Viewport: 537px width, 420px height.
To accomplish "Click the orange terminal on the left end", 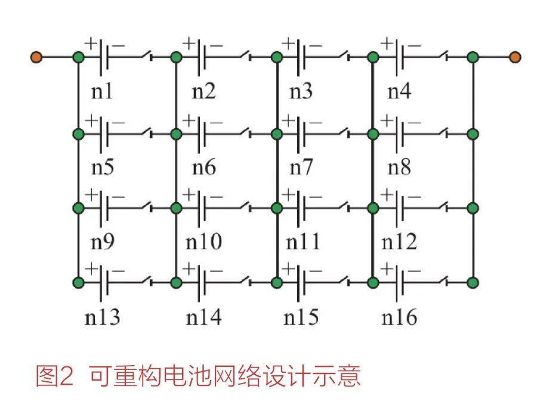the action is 36,57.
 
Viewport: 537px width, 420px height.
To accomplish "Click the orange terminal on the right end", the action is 515,57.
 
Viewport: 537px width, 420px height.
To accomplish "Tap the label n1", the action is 101,91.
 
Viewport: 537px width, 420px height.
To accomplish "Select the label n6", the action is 204,168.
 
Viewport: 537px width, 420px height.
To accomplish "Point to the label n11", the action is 303,242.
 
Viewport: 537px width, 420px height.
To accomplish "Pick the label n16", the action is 399,317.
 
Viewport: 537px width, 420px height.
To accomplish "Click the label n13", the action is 102,317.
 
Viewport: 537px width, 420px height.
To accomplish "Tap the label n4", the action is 399,91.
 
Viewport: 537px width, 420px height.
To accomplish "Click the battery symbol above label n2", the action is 202,57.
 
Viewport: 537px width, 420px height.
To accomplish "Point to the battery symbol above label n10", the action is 202,208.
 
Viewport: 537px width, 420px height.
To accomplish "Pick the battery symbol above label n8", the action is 400,134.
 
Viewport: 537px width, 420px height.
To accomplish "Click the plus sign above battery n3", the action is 288,44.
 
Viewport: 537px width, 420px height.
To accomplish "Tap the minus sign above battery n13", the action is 118,271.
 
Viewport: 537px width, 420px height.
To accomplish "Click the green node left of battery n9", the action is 78,208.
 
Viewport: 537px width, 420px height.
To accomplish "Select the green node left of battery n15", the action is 277,282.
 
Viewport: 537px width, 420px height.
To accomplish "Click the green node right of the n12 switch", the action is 473,208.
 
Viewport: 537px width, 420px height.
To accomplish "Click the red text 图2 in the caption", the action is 55,376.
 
